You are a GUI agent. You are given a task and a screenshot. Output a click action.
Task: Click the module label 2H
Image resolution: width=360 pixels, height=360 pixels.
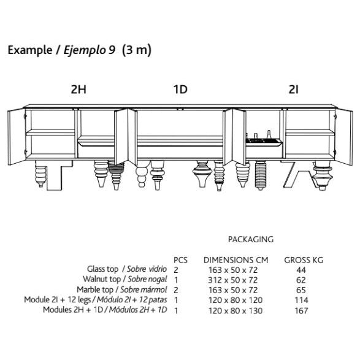pyautogui.click(x=79, y=90)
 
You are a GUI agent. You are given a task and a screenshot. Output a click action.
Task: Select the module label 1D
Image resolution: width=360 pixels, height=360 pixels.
pyautogui.click(x=180, y=90)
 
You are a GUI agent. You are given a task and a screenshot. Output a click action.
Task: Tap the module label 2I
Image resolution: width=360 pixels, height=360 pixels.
pyautogui.click(x=293, y=90)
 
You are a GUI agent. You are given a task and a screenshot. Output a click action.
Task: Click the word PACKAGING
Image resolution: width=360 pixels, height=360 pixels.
pyautogui.click(x=251, y=239)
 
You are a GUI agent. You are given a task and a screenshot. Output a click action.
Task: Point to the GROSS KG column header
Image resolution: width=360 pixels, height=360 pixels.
pyautogui.click(x=304, y=260)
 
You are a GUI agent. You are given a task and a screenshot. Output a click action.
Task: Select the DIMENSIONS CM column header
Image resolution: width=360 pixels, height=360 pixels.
pyautogui.click(x=236, y=260)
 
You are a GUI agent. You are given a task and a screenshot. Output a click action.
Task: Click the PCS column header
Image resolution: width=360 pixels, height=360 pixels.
pyautogui.click(x=180, y=260)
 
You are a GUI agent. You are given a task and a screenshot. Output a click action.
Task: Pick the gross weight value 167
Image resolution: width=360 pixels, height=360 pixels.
pyautogui.click(x=301, y=311)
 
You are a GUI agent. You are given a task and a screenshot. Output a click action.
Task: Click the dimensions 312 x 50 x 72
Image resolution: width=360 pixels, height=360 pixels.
pyautogui.click(x=233, y=280)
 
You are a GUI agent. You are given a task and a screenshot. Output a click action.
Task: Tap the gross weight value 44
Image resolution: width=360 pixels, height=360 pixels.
pyautogui.click(x=301, y=270)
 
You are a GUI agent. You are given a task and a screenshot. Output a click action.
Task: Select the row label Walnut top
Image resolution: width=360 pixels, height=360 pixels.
pyautogui.click(x=102, y=279)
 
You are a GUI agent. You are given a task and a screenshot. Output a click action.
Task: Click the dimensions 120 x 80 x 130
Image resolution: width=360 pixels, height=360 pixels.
pyautogui.click(x=236, y=311)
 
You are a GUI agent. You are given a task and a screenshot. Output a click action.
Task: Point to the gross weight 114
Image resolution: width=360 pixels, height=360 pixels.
pyautogui.click(x=301, y=300)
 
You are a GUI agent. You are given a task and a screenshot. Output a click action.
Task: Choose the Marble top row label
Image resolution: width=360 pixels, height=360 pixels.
pyautogui.click(x=95, y=289)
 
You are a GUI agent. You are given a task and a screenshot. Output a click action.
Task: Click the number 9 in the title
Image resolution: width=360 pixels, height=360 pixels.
pyautogui.click(x=112, y=50)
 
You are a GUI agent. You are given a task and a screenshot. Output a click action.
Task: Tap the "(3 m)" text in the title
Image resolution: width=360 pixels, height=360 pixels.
pyautogui.click(x=137, y=50)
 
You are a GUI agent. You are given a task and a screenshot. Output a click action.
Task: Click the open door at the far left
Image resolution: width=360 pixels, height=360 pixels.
pyautogui.click(x=17, y=137)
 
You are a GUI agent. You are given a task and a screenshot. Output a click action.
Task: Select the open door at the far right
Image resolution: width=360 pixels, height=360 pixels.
pyautogui.click(x=344, y=137)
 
